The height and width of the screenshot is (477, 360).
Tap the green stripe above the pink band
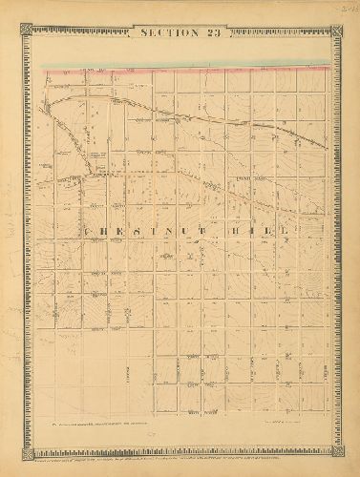(191, 65)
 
